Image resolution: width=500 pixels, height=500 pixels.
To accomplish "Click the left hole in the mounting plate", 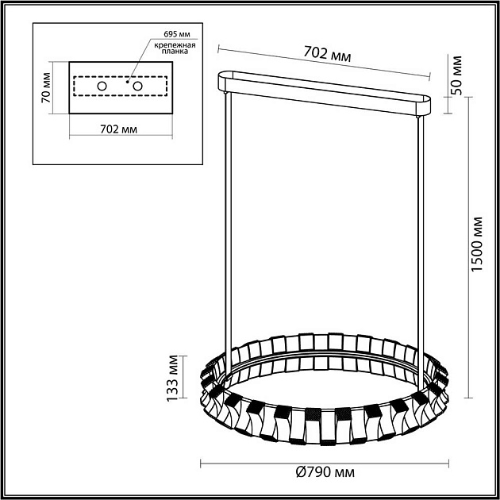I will (102, 85).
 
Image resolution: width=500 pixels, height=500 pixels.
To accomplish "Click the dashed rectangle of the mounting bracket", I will (119, 95).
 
